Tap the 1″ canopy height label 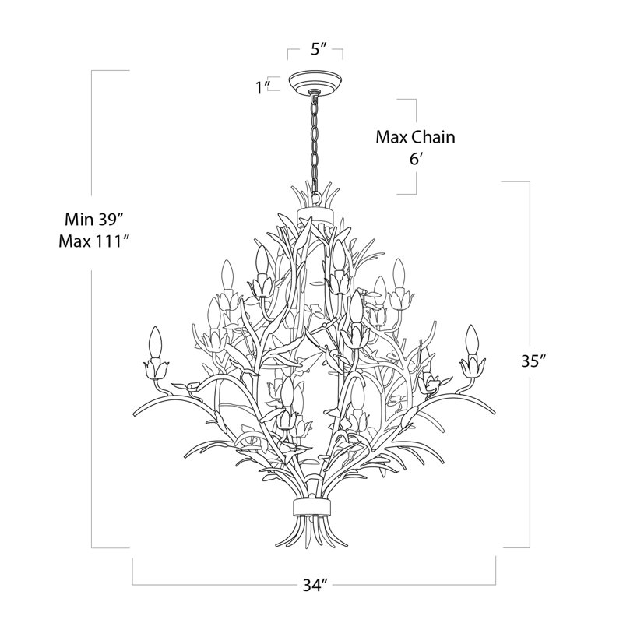(262, 87)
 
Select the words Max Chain (415, 137)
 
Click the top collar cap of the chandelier (315, 212)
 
